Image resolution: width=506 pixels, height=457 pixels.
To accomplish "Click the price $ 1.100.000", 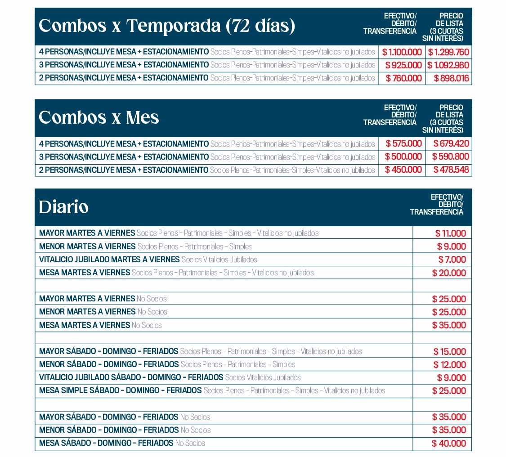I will tap(402, 52).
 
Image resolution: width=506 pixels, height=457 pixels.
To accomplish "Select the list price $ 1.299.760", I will tap(448, 52).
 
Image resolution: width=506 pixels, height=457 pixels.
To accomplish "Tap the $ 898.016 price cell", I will tap(451, 78).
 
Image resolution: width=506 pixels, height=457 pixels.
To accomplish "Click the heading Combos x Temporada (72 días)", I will tap(167, 26).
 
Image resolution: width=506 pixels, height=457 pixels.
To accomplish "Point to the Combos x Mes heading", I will tap(99, 117).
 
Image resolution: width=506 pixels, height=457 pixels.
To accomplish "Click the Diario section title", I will tap(63, 207).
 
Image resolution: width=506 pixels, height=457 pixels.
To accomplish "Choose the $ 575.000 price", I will tap(404, 144).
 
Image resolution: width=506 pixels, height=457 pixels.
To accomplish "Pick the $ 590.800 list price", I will tap(450, 157).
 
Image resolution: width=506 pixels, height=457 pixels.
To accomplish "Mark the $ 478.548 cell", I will tap(451, 170).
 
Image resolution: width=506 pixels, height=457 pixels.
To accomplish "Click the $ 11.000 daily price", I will tap(451, 233).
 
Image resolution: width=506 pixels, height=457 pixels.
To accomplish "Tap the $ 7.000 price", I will tap(452, 260).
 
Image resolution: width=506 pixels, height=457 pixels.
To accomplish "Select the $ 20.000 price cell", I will tap(449, 273).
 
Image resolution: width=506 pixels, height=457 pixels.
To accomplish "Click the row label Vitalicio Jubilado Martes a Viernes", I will tap(109, 260).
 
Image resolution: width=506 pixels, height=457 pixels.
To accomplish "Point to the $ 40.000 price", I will tap(449, 444).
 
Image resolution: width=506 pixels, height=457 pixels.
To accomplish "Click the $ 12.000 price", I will tap(450, 365).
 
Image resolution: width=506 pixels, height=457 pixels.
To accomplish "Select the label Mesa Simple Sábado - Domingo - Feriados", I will tap(120, 390).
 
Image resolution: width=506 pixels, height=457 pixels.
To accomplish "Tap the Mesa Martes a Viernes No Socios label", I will tap(100, 325).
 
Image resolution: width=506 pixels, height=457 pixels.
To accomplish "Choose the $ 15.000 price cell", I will tap(450, 352).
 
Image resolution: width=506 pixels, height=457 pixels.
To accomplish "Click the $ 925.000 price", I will tap(403, 65).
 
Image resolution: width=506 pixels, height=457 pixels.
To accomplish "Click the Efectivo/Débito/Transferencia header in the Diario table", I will tap(436, 205).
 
